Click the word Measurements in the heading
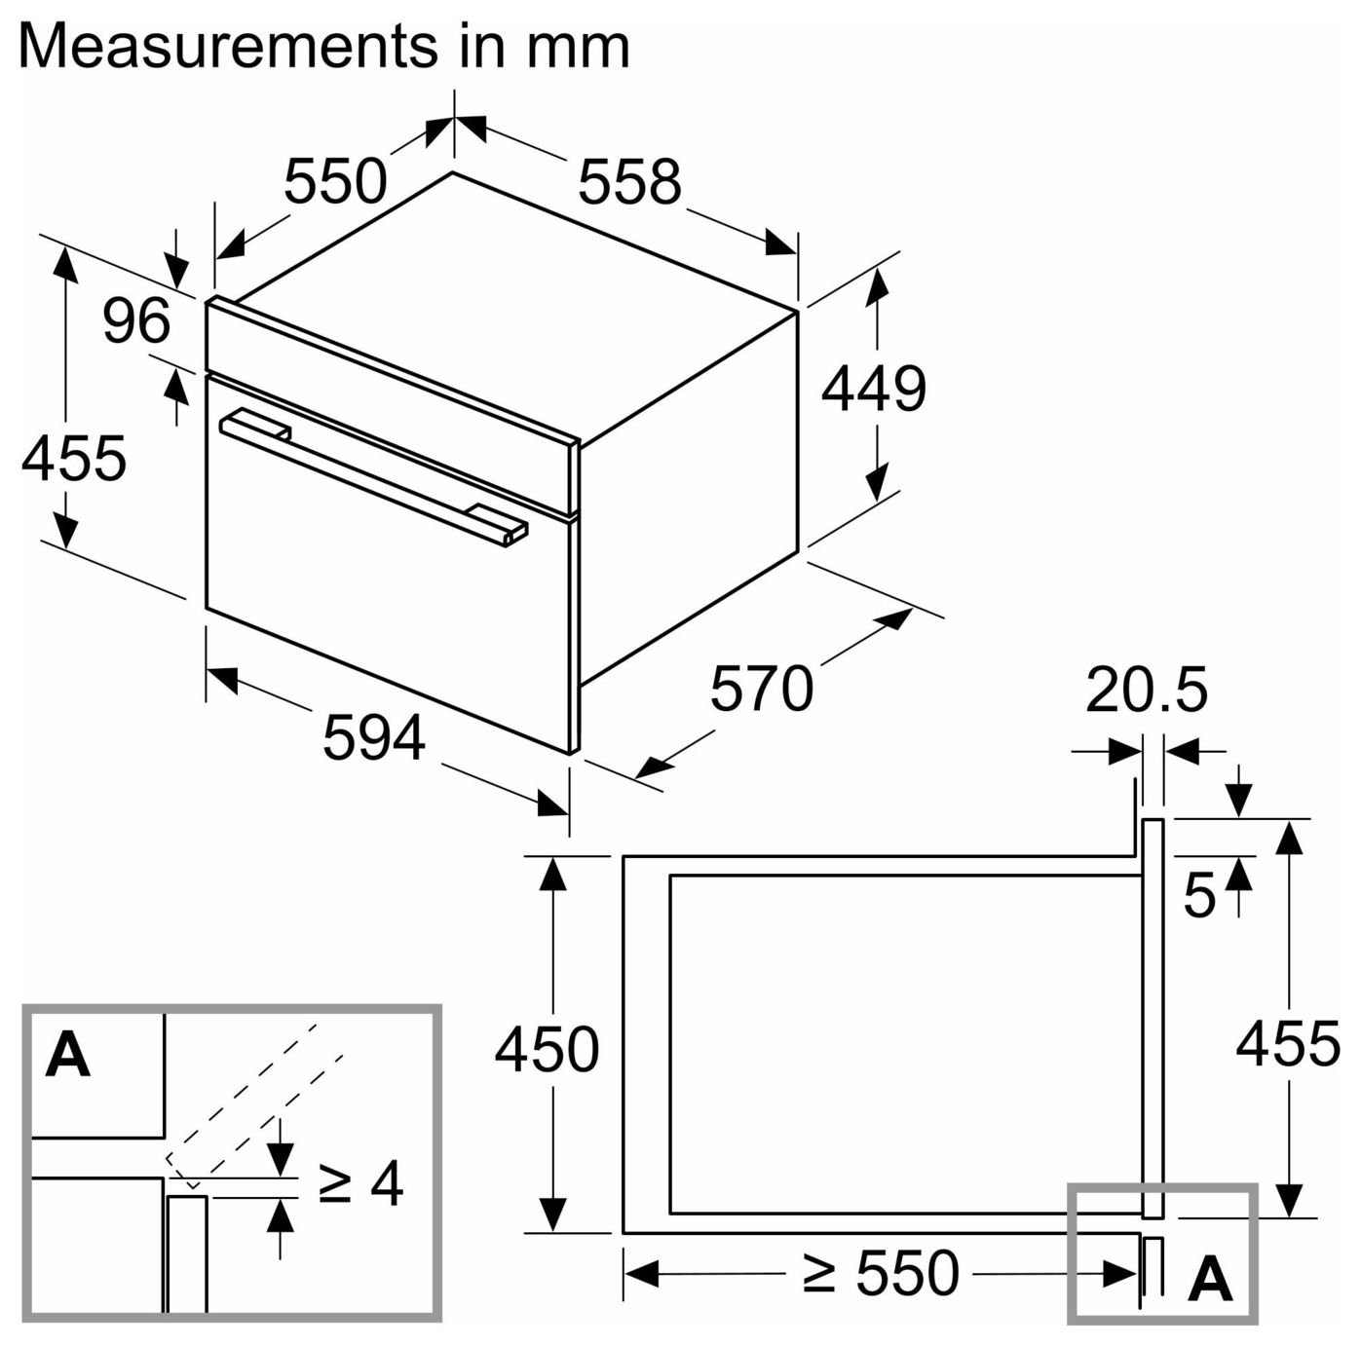pos(225,47)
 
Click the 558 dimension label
pos(629,181)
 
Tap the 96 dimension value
pos(136,319)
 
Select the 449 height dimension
pos(873,389)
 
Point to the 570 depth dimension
pos(762,688)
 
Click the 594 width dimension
pos(374,737)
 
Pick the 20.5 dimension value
pos(1147,689)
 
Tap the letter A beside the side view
pos(1211,1278)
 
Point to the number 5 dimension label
pos(1198,895)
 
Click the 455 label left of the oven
pos(73,459)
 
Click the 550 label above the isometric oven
pos(335,181)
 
